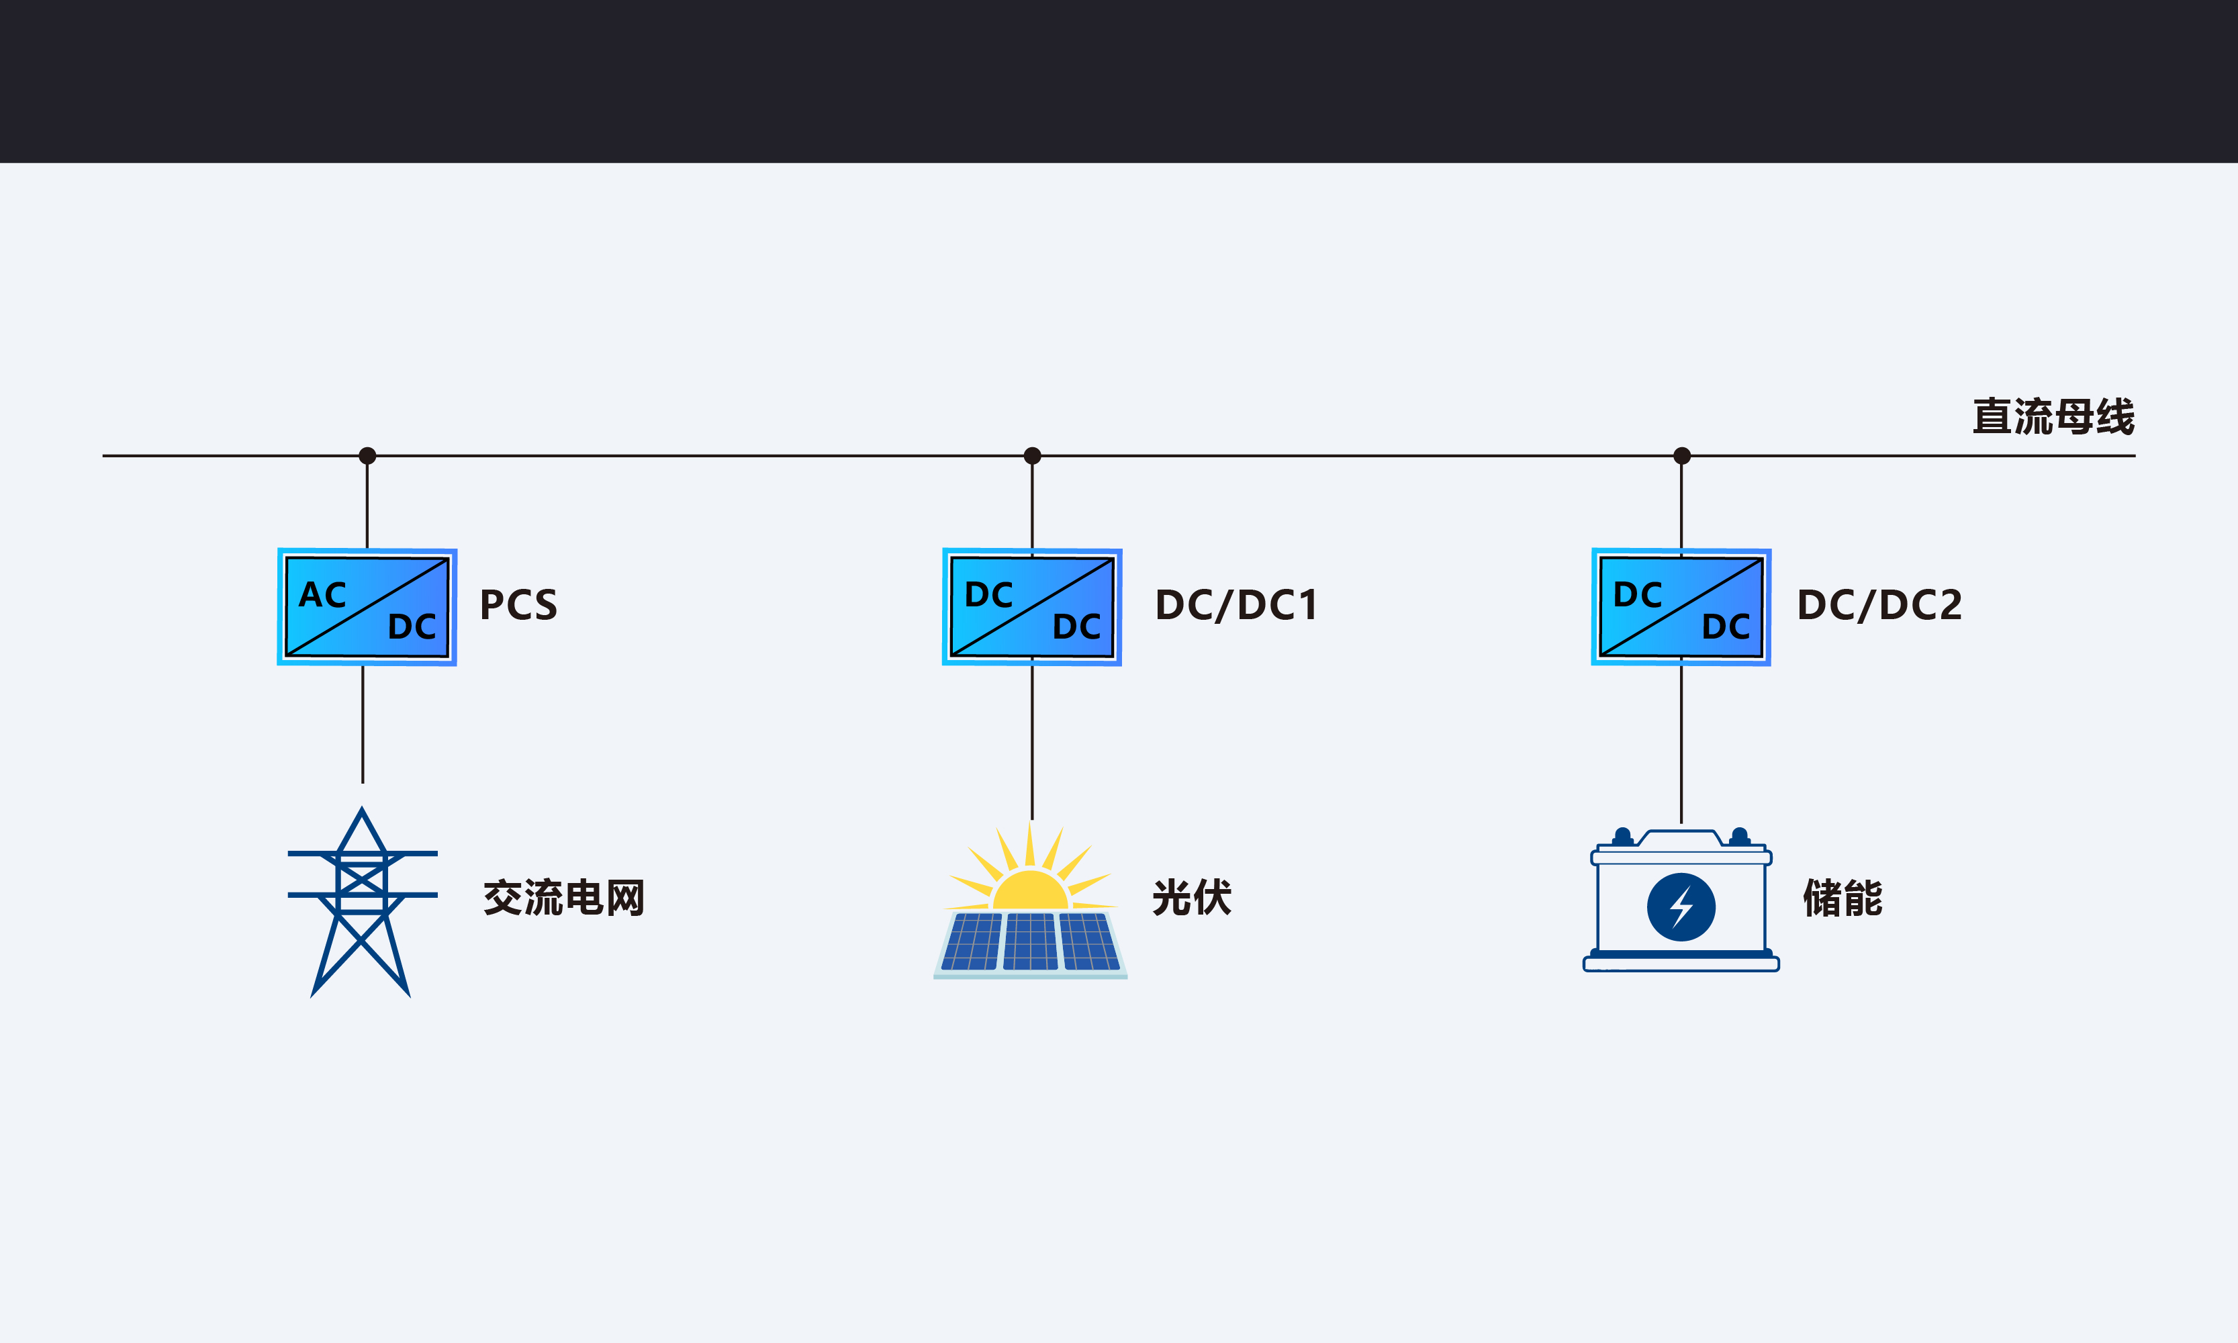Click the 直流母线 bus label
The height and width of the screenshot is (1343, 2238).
[x=2053, y=416]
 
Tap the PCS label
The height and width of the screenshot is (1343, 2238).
[x=518, y=604]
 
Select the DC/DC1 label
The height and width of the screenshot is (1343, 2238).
[x=1236, y=604]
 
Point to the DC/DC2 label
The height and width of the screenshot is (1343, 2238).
[x=1879, y=604]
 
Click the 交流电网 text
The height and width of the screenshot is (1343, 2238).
[x=564, y=898]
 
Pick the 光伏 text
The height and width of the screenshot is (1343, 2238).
[x=1192, y=898]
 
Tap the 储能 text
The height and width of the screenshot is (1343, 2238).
[x=1843, y=898]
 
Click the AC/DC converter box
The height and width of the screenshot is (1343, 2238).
[x=367, y=606]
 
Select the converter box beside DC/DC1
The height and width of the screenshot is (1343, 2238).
[x=1031, y=606]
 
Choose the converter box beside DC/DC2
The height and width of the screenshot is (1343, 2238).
[x=1681, y=606]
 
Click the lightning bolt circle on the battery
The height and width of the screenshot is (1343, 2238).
[x=1681, y=907]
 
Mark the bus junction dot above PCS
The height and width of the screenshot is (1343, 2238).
[x=367, y=455]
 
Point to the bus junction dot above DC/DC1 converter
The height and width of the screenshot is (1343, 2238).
[x=1031, y=455]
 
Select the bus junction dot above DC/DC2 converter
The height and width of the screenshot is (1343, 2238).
[x=1681, y=455]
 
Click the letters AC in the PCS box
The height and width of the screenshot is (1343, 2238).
[x=322, y=594]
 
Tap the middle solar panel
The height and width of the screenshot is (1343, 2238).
[x=1031, y=941]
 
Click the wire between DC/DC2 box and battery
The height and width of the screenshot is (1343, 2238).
[x=1681, y=745]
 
